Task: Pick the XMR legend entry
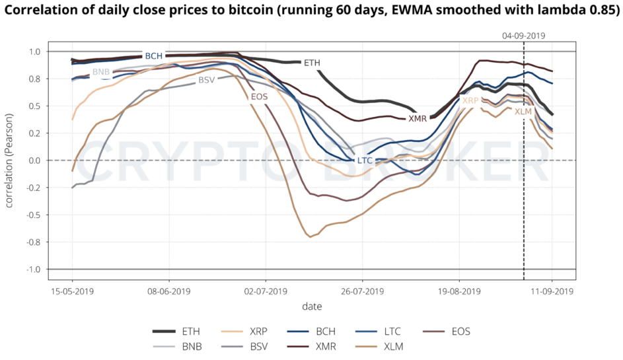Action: point(325,346)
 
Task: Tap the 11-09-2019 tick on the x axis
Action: point(553,290)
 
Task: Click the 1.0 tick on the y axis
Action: point(34,52)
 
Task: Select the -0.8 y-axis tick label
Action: point(33,242)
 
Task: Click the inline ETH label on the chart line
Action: point(312,63)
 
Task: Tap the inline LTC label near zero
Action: point(365,161)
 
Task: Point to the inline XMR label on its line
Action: point(418,119)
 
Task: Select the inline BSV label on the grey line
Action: point(207,80)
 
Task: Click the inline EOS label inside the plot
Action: point(260,97)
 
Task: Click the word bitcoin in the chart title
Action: point(244,9)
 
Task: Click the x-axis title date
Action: point(312,306)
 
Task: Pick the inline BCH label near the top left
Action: point(154,56)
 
